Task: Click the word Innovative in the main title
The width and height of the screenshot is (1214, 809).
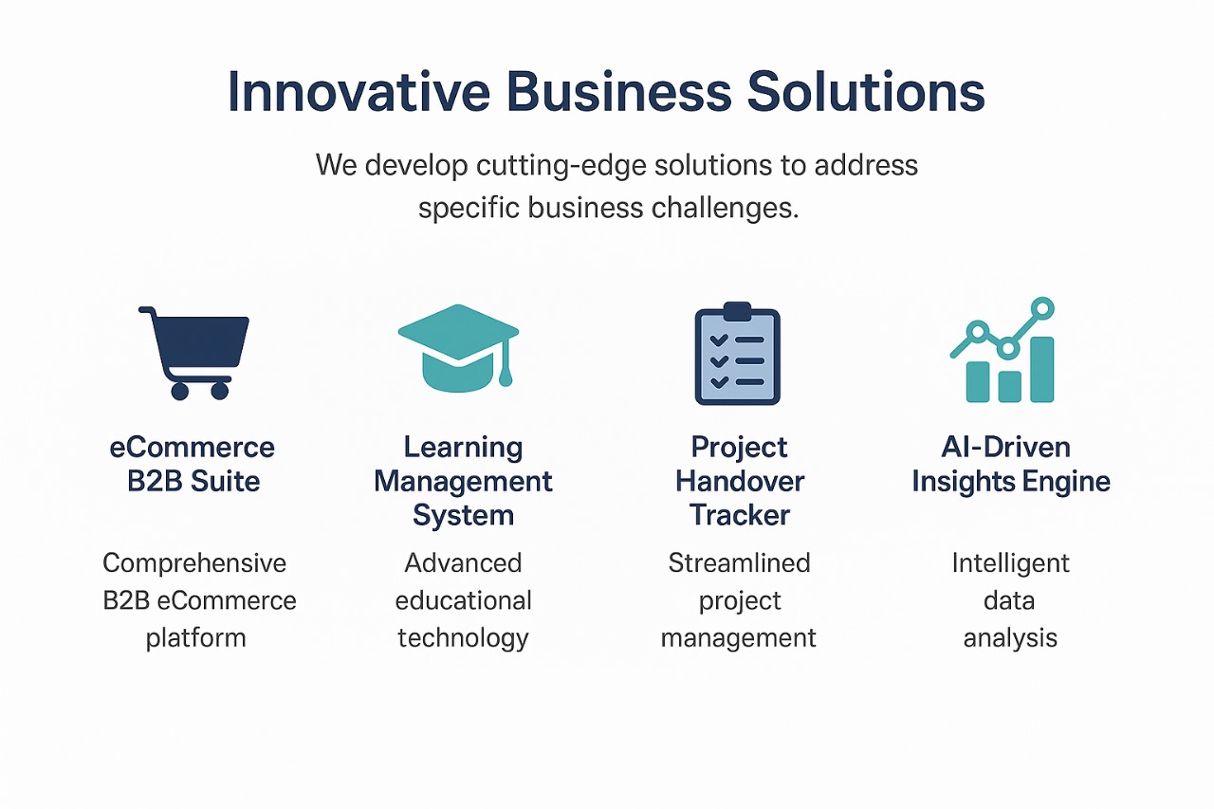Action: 358,92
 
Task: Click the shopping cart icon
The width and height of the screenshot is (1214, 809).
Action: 197,350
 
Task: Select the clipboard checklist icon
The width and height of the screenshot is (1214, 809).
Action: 737,354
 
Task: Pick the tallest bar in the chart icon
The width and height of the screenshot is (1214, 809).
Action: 1041,369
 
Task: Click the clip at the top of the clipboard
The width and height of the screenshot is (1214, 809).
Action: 737,310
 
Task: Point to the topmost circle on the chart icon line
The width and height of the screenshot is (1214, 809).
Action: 1042,308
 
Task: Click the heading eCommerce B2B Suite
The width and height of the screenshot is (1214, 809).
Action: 193,464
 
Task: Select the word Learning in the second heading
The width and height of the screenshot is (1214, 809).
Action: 463,447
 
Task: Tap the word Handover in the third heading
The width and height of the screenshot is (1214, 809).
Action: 739,481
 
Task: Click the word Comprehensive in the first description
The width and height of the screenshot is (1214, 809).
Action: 194,563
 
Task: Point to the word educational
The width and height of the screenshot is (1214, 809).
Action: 463,600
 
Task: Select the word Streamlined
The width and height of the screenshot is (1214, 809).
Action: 739,563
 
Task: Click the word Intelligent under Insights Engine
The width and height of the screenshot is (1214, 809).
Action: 1010,563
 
